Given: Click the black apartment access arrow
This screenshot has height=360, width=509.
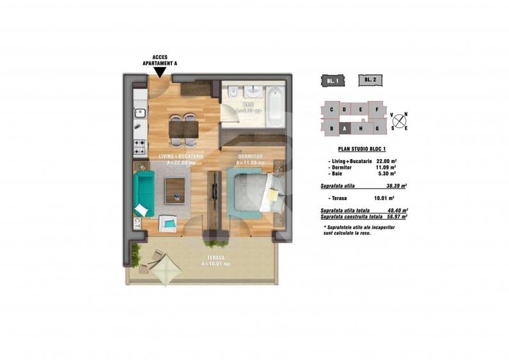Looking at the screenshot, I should pos(157,73).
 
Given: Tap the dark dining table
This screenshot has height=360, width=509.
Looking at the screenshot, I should pos(184,130).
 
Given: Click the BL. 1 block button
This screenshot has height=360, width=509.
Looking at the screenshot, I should pos(332,80).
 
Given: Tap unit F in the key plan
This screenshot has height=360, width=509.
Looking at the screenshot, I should pos(378,109).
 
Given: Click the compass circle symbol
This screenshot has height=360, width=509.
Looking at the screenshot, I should pos(400,119).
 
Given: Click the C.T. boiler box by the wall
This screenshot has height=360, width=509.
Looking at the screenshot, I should pos(137,224).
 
